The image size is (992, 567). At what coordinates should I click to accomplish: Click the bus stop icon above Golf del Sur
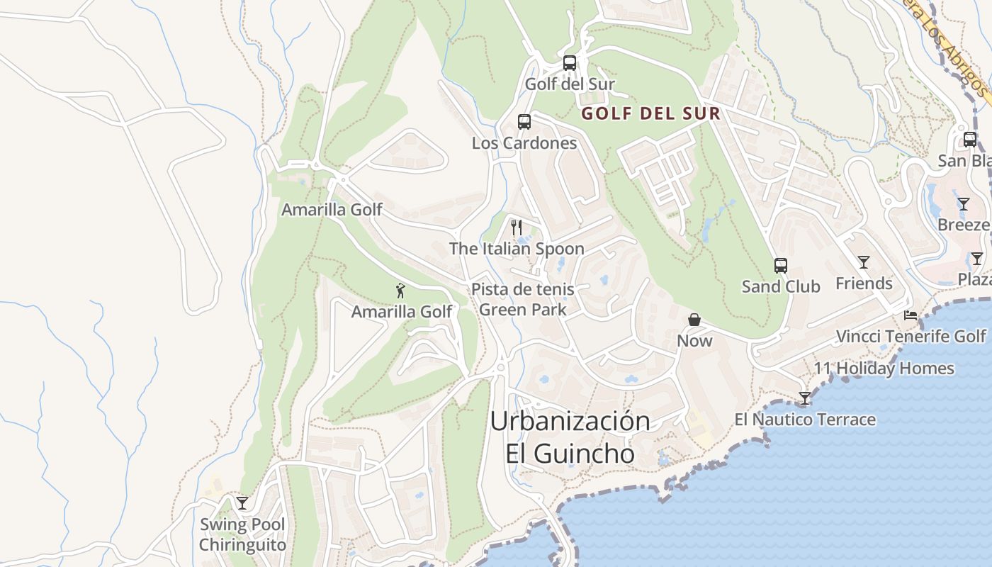coord(570,63)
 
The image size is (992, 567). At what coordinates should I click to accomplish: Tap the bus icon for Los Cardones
coord(524,122)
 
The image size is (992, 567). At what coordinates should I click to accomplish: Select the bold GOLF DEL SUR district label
coord(650,113)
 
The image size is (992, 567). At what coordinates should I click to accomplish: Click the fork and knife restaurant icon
coord(517,228)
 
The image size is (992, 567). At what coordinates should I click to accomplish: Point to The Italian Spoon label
coord(517,249)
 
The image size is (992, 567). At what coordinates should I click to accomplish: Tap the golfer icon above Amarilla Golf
coord(401,291)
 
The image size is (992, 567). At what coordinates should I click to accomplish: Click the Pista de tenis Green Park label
coord(523,300)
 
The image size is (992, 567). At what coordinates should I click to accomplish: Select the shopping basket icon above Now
coord(694,320)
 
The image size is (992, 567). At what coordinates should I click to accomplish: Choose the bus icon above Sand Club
coord(781,266)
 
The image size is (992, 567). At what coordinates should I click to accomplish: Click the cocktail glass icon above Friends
coord(864,262)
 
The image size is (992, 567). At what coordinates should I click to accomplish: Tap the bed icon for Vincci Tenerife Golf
coord(911,315)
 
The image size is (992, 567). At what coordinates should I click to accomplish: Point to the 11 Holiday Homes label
coord(884,369)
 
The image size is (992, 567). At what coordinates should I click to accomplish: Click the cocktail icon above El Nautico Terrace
coord(805,398)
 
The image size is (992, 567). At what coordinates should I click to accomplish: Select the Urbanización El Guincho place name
coord(570,437)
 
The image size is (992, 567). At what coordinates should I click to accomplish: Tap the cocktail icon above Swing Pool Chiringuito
coord(242,503)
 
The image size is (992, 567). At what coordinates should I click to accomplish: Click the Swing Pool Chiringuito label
coord(242,535)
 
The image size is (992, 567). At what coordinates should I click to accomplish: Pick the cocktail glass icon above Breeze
coord(964,204)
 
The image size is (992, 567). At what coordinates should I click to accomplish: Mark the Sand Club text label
coord(781,286)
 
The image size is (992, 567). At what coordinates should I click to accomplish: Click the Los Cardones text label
coord(524,143)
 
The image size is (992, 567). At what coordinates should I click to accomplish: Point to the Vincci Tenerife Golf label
coord(911,336)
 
